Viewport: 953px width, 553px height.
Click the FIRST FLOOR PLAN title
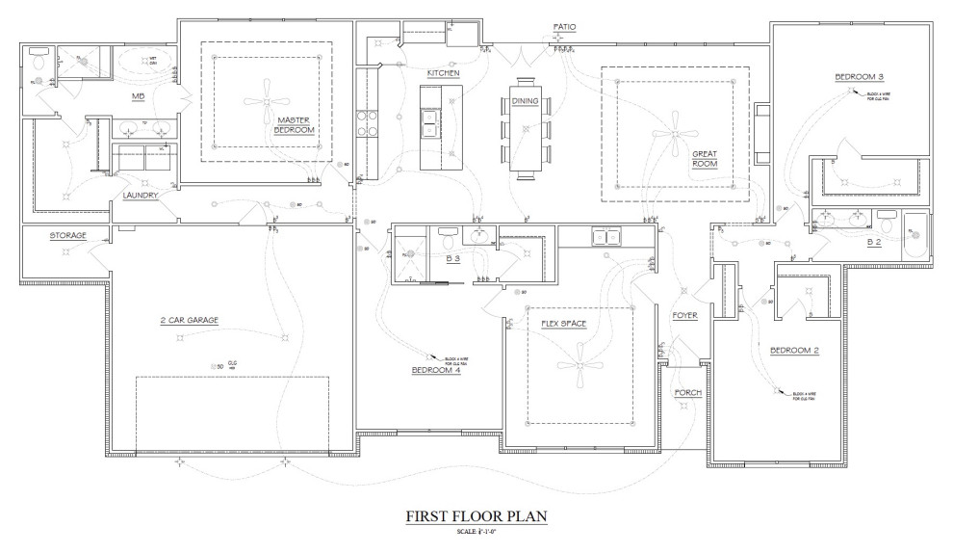[x=476, y=517]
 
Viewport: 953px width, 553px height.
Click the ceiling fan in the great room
[x=673, y=132]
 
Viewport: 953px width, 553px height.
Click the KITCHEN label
[x=444, y=73]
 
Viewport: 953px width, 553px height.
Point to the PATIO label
[x=564, y=27]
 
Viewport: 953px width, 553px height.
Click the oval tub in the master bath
[x=142, y=64]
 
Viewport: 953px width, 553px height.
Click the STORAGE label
[x=68, y=235]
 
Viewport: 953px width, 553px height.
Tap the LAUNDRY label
[x=140, y=196]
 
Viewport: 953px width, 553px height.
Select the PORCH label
[x=687, y=393]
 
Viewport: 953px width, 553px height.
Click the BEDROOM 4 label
[x=436, y=370]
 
